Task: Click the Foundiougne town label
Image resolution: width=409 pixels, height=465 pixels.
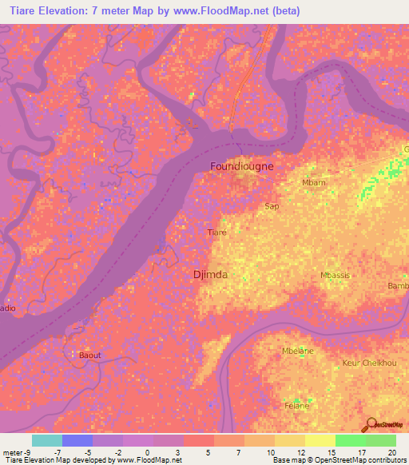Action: point(241,166)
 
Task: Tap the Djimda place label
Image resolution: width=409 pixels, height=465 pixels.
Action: point(210,275)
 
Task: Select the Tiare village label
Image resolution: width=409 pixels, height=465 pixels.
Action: point(216,232)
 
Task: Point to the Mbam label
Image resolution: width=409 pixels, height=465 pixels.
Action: point(314,183)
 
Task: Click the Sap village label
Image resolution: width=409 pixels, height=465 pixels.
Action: point(271,205)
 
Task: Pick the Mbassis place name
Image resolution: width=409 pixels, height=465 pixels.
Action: point(336,275)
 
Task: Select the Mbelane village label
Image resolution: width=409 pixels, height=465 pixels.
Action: point(298,351)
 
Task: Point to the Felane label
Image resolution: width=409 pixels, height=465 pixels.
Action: point(297,406)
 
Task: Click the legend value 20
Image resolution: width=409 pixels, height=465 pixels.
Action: point(391,451)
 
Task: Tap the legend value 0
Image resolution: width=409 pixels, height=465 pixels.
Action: point(147,451)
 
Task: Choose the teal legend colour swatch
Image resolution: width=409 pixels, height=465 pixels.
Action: point(46,440)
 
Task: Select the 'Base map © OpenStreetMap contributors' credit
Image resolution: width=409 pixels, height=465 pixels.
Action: point(339,460)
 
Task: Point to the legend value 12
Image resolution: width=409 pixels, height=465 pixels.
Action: point(300,451)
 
